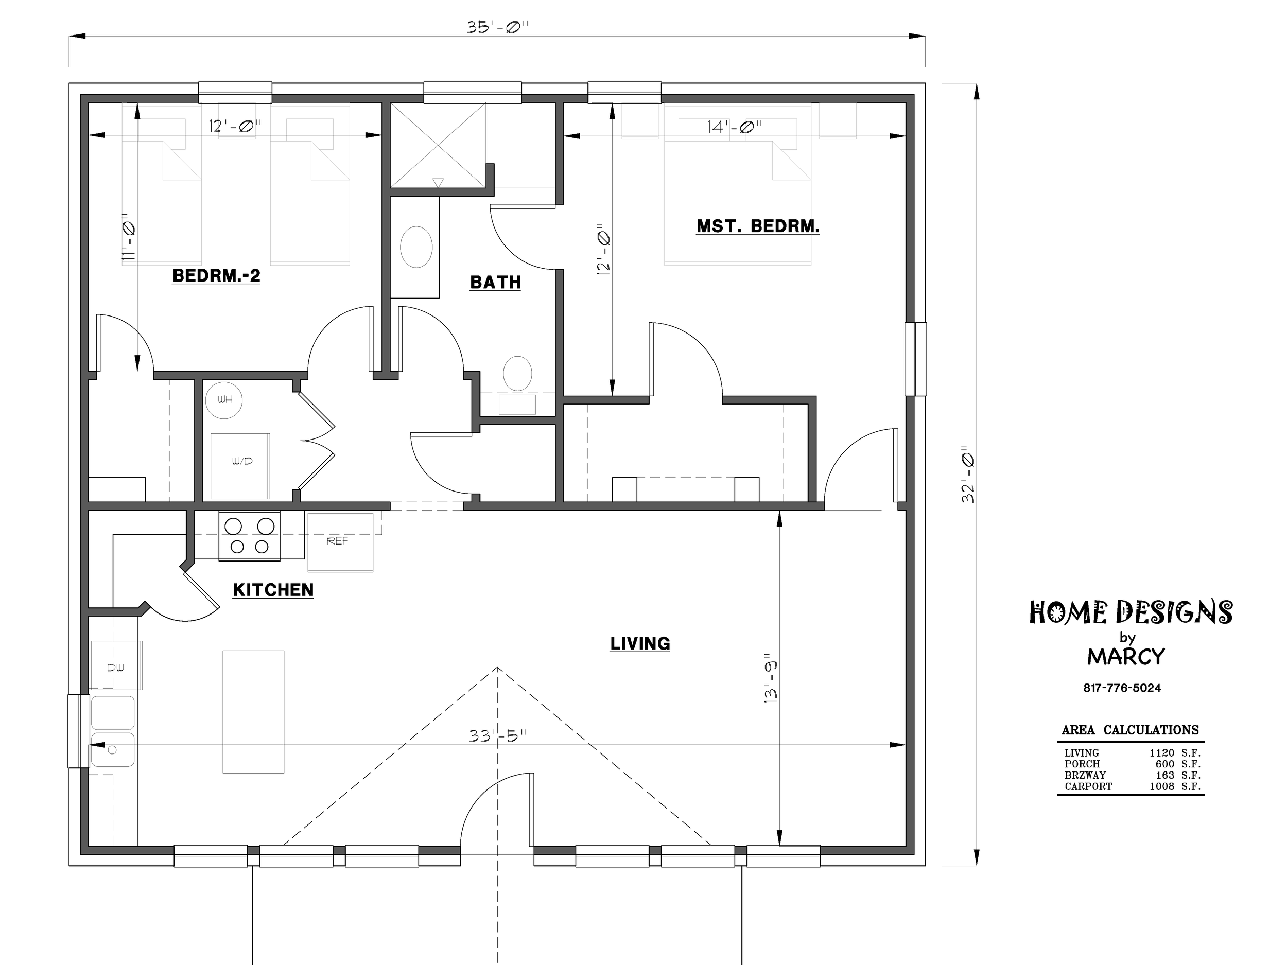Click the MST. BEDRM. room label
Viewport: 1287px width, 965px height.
pos(758,226)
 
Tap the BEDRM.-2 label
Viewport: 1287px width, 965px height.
pos(216,276)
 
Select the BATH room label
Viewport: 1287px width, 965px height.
pos(495,283)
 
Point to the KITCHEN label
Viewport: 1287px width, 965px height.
pos(273,590)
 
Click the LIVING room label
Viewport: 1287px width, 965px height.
pos(640,643)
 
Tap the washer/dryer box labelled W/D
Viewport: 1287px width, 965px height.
pos(240,466)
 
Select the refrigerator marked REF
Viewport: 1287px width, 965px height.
pos(340,542)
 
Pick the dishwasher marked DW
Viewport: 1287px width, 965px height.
pos(116,665)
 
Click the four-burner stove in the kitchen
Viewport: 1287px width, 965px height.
pos(249,536)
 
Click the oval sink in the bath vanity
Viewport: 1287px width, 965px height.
pos(416,247)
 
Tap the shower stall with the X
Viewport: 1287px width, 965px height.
pos(438,146)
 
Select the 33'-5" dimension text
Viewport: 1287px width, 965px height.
pos(497,736)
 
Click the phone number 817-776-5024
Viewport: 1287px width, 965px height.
pos(1122,688)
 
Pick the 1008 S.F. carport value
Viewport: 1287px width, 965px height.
pos(1175,786)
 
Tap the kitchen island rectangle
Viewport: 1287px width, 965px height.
pos(254,712)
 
